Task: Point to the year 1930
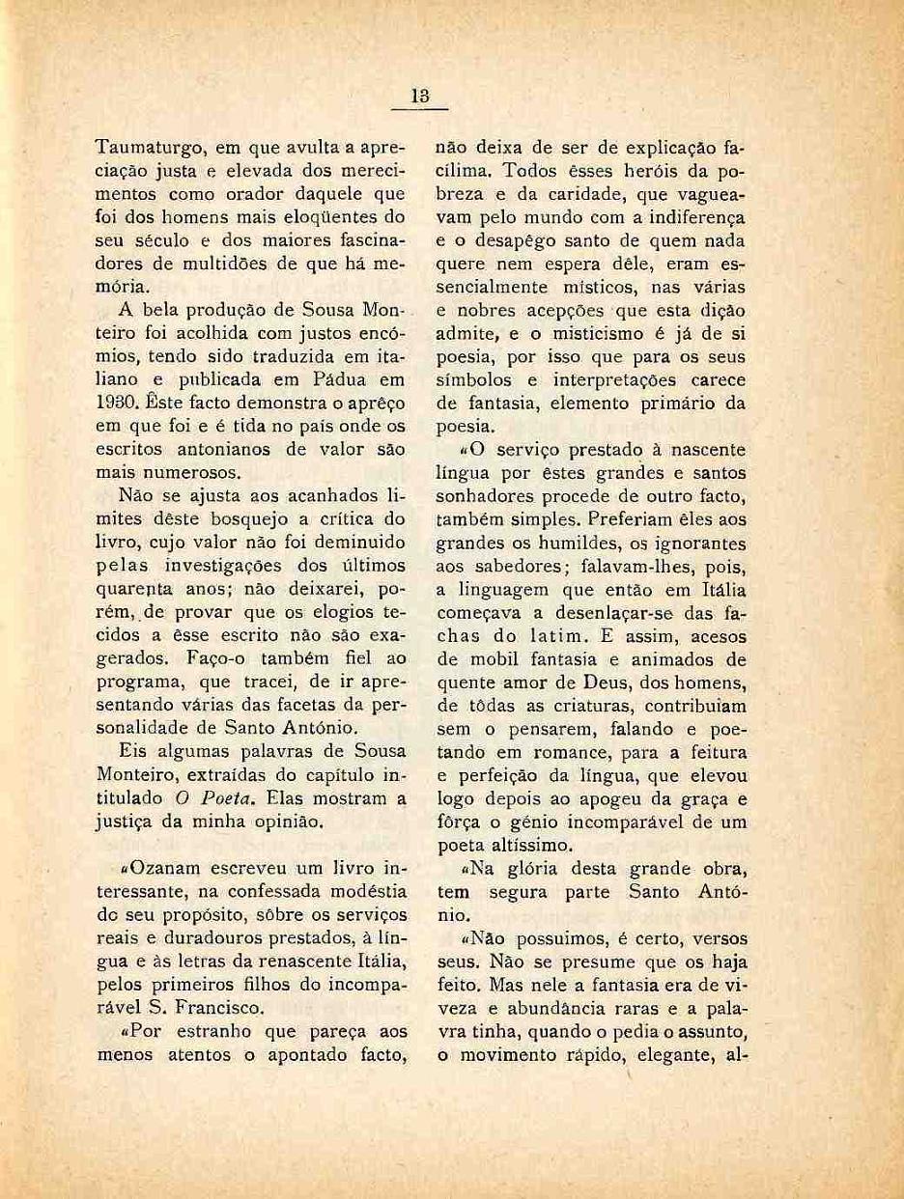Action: pos(118,403)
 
